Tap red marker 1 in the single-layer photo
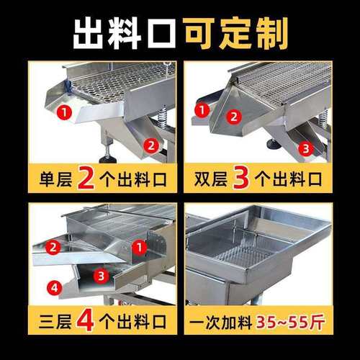click(64, 112)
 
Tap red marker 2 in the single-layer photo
click(151, 145)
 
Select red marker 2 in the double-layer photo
click(233, 117)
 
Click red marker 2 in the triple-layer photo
click(53, 247)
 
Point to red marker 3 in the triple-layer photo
click(102, 274)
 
